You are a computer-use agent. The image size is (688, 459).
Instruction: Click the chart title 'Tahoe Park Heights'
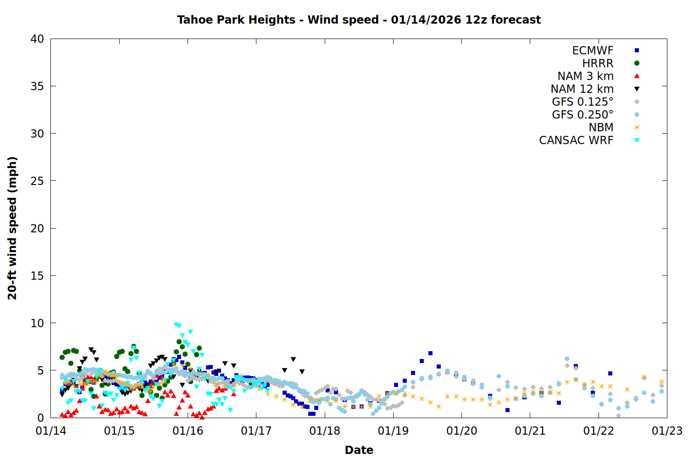click(236, 20)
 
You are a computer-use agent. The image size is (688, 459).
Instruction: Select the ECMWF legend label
click(593, 50)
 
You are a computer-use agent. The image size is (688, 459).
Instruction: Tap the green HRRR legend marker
click(637, 63)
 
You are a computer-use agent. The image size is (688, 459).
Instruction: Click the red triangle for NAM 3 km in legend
click(637, 76)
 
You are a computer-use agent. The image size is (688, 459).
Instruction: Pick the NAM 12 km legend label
click(582, 89)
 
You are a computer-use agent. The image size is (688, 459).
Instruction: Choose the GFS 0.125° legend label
click(583, 102)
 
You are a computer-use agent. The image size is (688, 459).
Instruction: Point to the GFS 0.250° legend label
click(583, 115)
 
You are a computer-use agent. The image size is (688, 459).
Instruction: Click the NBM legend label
click(601, 128)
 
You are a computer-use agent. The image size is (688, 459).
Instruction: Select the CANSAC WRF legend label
click(576, 140)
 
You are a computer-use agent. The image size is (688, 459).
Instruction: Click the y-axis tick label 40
click(37, 39)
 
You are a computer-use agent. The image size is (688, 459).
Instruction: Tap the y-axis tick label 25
click(37, 181)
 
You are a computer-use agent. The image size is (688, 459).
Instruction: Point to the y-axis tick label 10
click(37, 323)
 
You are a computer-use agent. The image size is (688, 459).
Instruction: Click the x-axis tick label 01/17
click(256, 431)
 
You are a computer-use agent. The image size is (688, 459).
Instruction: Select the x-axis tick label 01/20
click(461, 431)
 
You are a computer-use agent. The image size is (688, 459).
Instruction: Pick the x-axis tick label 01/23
click(667, 431)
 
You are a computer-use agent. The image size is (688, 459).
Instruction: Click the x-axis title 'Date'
click(359, 450)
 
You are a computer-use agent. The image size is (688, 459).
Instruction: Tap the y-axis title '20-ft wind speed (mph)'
click(12, 228)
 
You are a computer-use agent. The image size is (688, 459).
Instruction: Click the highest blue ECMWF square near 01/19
click(430, 353)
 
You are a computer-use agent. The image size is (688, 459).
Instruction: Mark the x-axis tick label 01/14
click(51, 431)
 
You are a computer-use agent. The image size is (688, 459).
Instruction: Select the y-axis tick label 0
click(41, 418)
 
